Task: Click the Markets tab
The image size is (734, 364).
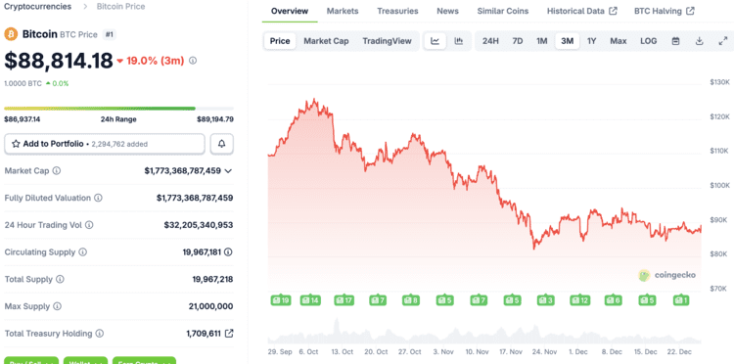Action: click(343, 12)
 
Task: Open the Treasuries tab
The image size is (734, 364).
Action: click(397, 12)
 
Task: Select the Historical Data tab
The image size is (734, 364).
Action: click(581, 12)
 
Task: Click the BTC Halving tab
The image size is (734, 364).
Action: click(664, 12)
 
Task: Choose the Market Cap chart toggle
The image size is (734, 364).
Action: click(326, 41)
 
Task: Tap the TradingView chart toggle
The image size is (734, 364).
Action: click(387, 41)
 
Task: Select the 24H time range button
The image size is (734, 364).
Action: click(490, 41)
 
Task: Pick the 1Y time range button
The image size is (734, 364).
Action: click(591, 41)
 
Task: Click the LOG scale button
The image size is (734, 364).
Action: click(649, 41)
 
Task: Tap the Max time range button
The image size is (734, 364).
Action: click(619, 41)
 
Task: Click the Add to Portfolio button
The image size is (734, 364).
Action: click(105, 144)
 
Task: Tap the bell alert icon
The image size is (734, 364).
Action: click(222, 144)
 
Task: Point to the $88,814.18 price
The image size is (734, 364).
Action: click(59, 61)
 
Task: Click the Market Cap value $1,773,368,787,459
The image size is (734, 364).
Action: click(182, 170)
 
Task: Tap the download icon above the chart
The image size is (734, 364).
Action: click(699, 41)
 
